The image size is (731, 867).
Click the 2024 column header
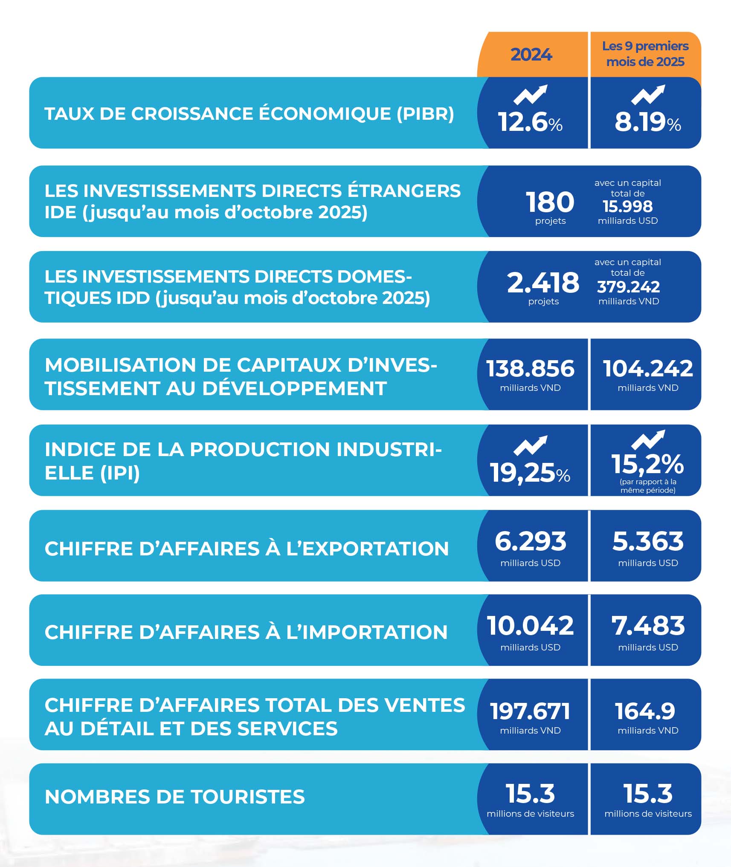click(x=531, y=55)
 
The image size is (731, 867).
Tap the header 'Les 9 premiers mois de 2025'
click(x=645, y=54)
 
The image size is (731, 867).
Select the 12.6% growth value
click(x=530, y=122)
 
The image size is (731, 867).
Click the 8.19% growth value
click(x=647, y=122)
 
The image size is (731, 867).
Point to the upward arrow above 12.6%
click(x=530, y=95)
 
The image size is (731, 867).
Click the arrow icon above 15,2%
click(x=648, y=440)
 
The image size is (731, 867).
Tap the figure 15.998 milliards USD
click(x=627, y=207)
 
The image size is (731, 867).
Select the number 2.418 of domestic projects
click(x=543, y=283)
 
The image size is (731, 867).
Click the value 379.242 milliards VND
click(x=628, y=287)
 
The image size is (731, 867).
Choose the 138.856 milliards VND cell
click(x=530, y=373)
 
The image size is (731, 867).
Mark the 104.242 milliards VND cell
click(x=648, y=373)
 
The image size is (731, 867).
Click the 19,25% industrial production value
click(x=530, y=473)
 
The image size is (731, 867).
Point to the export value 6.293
click(x=530, y=541)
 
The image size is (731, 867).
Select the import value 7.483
click(x=648, y=626)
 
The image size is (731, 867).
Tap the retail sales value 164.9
click(x=645, y=711)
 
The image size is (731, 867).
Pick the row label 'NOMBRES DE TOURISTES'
click(x=175, y=797)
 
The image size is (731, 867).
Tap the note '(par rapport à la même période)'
click(x=648, y=486)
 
